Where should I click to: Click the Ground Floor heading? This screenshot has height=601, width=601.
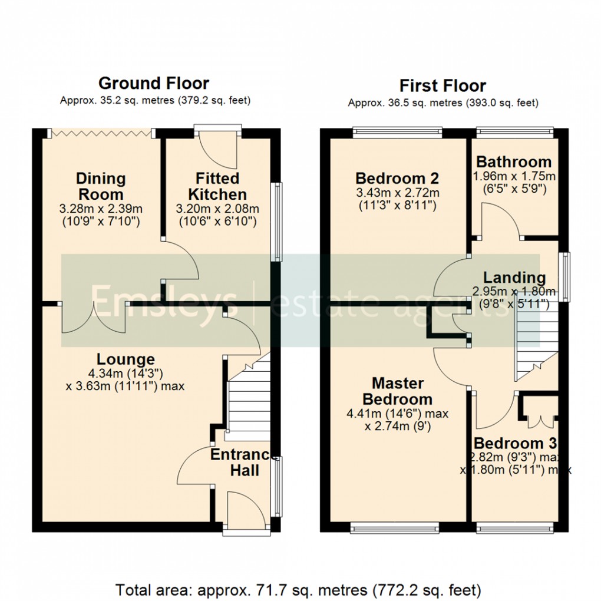pos(153,83)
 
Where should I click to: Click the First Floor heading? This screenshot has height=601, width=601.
pos(443,85)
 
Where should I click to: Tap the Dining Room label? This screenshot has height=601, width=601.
pos(101,186)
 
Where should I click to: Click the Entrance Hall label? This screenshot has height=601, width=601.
pos(243,462)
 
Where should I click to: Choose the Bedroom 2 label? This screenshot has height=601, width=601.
pos(397,178)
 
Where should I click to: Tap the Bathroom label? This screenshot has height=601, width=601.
pos(514,161)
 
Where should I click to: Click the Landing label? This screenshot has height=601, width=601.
pos(514,277)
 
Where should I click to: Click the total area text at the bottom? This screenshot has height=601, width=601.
pos(298,589)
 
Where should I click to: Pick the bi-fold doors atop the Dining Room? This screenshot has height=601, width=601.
pos(102,134)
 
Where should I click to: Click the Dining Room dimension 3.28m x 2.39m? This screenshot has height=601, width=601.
pos(101,209)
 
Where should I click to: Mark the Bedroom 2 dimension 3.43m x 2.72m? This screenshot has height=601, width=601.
pos(398,193)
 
